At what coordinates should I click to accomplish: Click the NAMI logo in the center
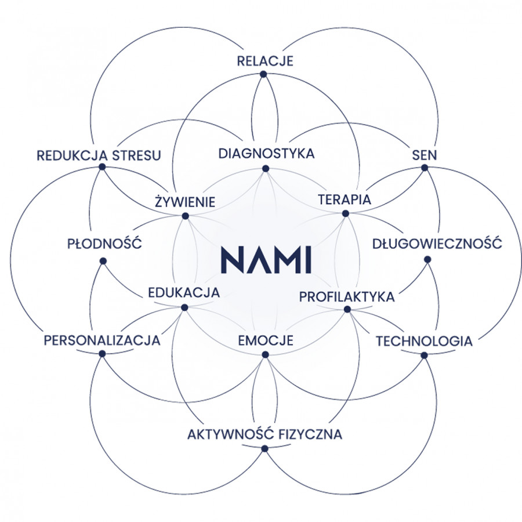[x=266, y=259]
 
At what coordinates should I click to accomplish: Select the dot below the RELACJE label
[x=263, y=74]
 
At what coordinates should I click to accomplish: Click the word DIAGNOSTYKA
[x=266, y=154]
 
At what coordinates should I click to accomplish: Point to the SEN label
[x=425, y=155]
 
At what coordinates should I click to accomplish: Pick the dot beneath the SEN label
[x=425, y=168]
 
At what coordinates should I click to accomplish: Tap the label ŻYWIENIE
[x=186, y=202]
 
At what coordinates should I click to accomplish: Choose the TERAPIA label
[x=345, y=200]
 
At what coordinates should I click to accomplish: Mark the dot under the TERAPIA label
[x=346, y=213]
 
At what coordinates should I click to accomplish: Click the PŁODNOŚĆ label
[x=105, y=244]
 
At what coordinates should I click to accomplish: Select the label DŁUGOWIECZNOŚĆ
[x=437, y=244]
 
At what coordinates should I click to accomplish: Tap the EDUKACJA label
[x=184, y=293]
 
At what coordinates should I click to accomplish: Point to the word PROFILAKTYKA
[x=347, y=296]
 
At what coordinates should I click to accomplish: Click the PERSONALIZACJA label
[x=102, y=340]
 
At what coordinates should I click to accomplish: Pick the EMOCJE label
[x=266, y=340]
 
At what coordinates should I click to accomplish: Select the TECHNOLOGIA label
[x=424, y=341]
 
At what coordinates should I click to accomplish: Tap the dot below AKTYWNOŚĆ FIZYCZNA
[x=265, y=448]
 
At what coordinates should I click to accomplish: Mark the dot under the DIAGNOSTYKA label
[x=266, y=169]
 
